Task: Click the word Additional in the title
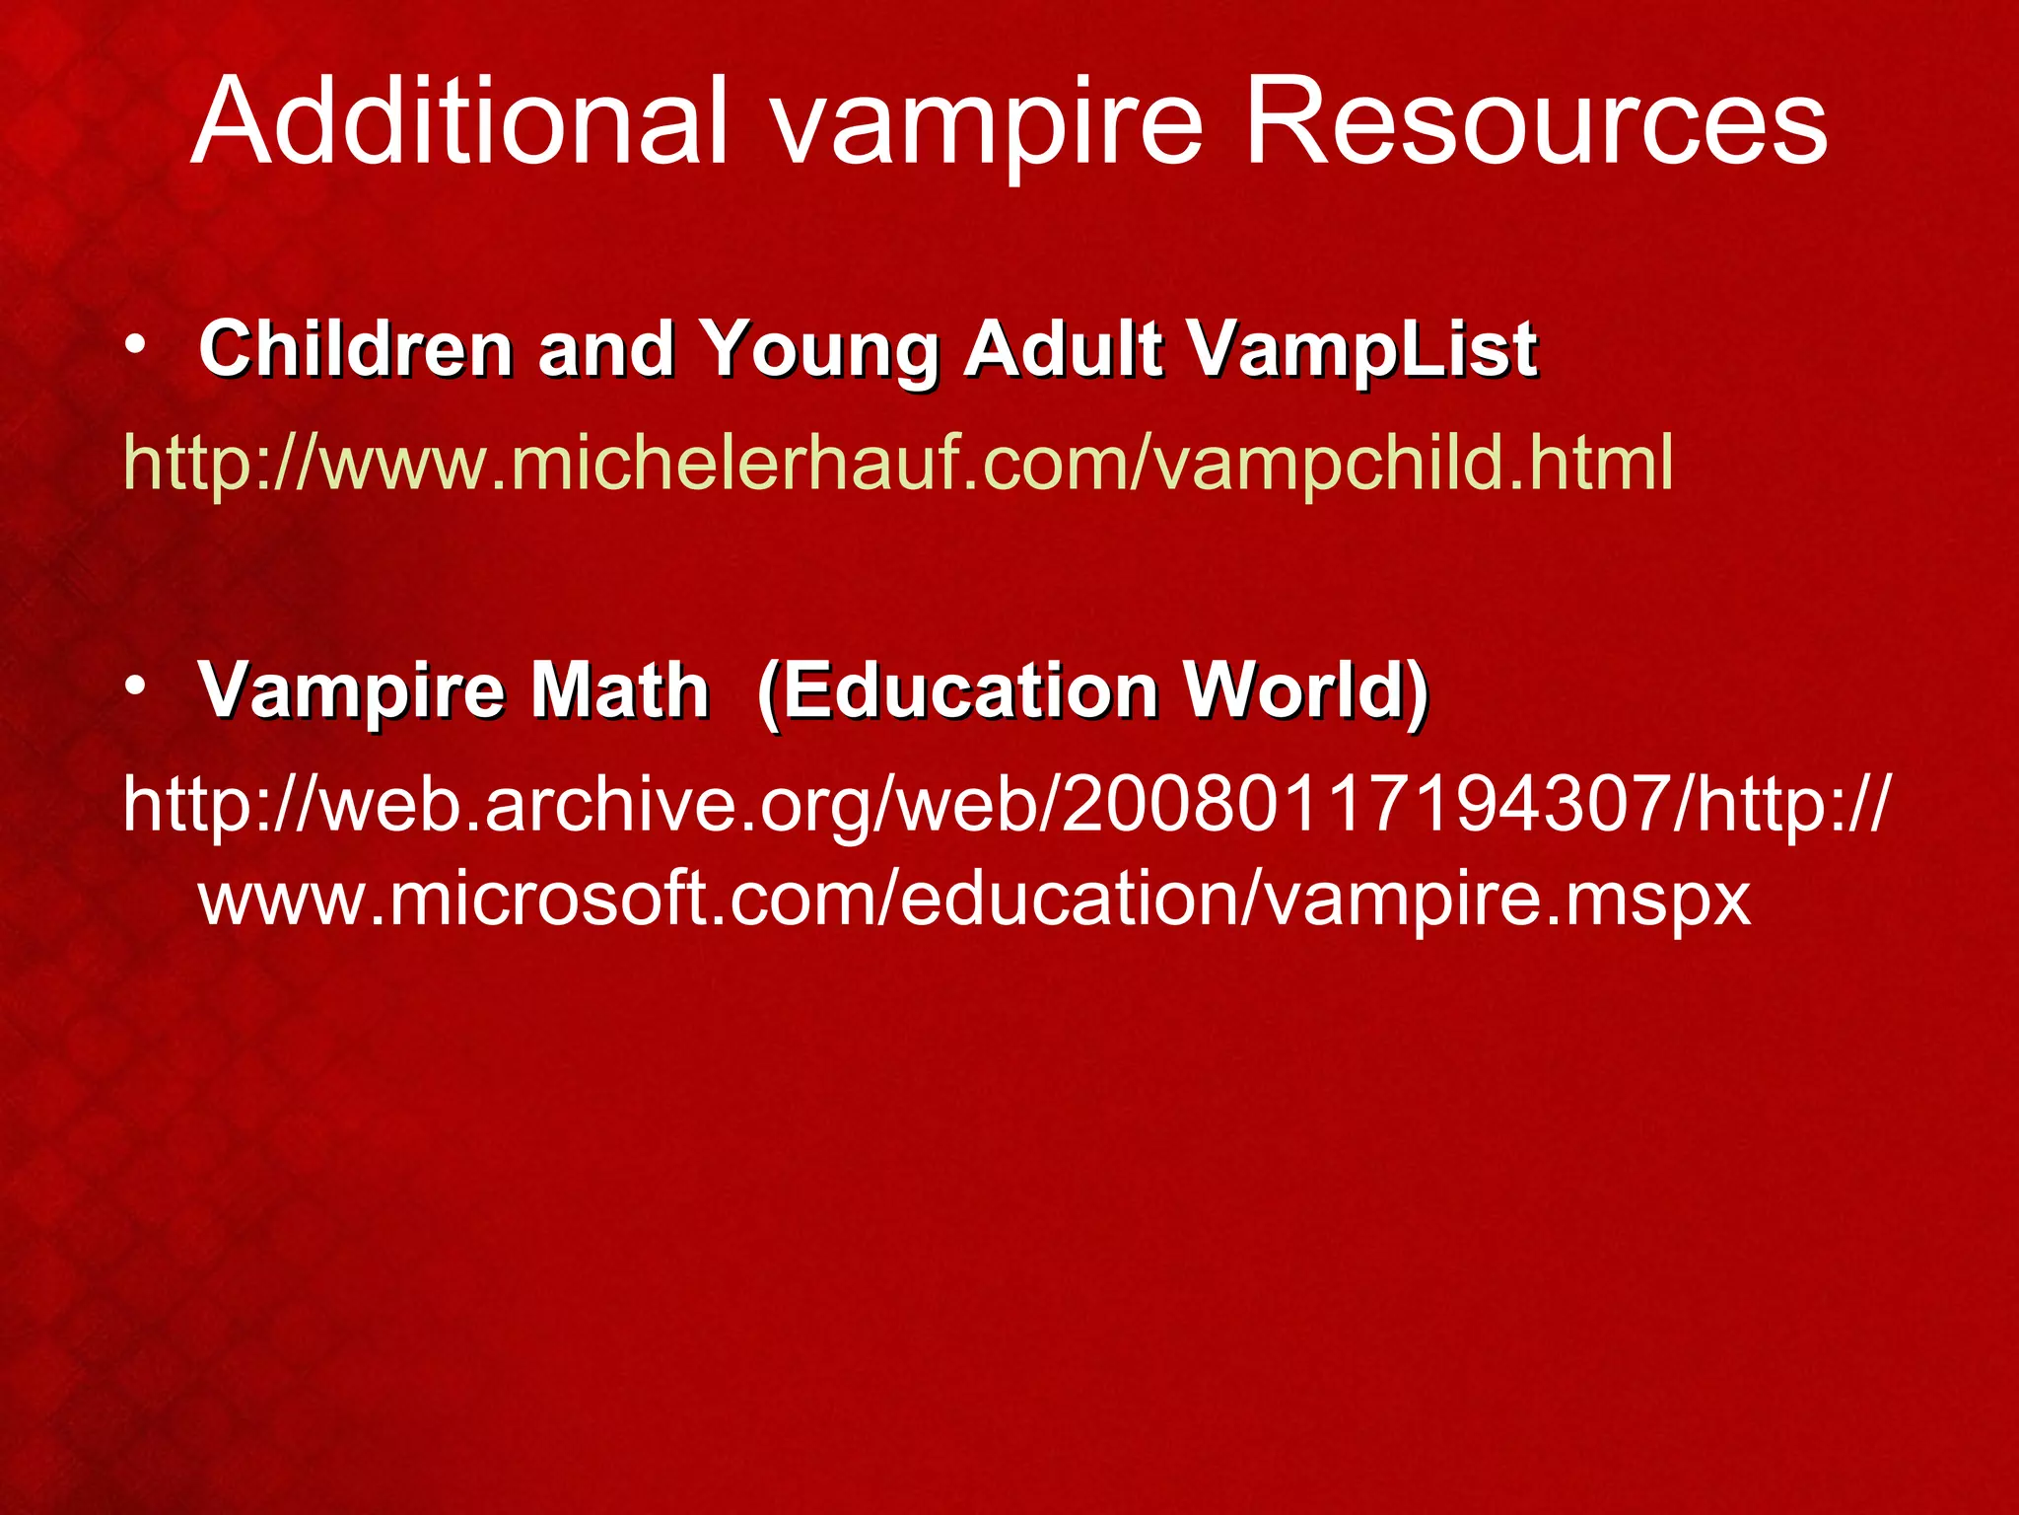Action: [x=459, y=122]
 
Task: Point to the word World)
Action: [x=1306, y=690]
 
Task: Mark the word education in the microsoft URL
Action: [x=1069, y=898]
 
